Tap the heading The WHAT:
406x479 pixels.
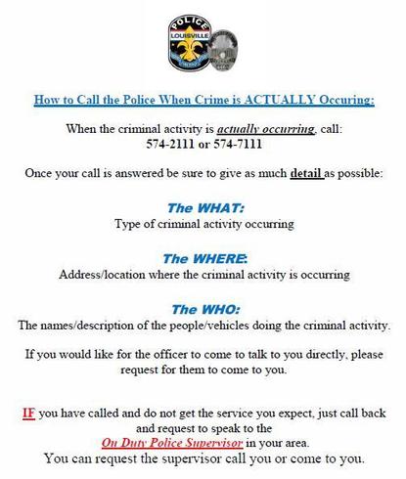(x=203, y=207)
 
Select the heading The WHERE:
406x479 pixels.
(x=203, y=259)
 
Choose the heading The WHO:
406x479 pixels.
(x=203, y=309)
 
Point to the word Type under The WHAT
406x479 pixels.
(x=132, y=224)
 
